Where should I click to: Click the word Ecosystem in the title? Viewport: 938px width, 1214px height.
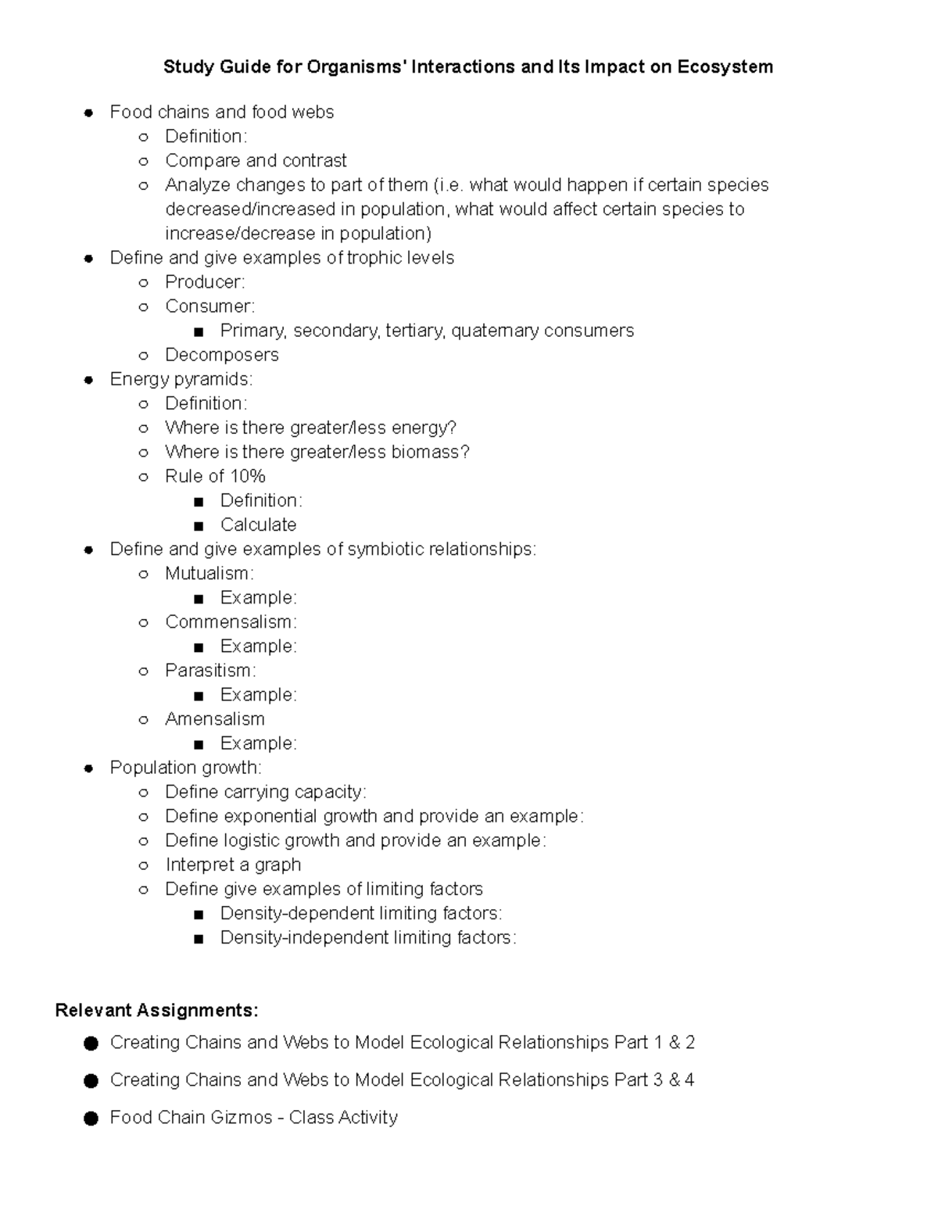tap(725, 67)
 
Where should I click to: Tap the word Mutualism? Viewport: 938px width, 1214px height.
tap(208, 574)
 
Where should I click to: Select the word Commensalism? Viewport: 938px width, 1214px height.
tap(230, 622)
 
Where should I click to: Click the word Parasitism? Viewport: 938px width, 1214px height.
tap(209, 671)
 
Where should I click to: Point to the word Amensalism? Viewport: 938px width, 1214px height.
tap(215, 719)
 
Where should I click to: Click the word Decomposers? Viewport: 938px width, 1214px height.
tap(222, 355)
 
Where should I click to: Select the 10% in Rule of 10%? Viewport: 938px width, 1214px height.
tap(248, 476)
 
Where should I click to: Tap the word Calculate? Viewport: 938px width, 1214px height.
tap(259, 525)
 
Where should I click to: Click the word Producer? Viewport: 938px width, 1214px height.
tap(204, 282)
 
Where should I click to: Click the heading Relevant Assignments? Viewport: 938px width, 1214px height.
tap(156, 1011)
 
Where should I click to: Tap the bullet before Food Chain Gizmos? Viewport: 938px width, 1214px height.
tap(91, 1119)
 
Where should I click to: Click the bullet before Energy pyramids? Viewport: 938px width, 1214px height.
tap(89, 380)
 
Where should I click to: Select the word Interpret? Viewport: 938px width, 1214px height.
tap(198, 865)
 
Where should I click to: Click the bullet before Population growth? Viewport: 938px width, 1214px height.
tap(89, 768)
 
